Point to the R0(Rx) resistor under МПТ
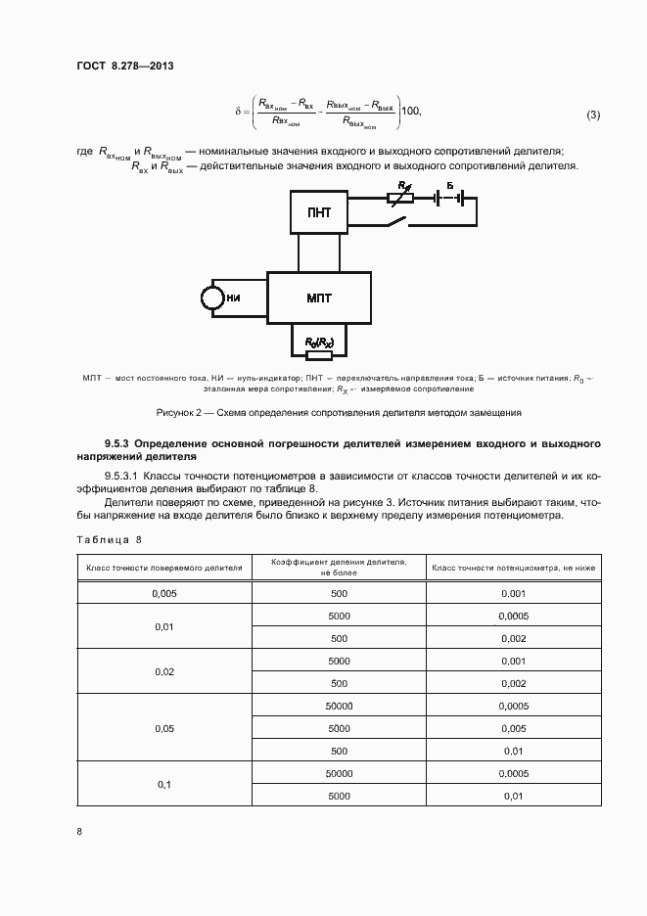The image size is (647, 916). [319, 343]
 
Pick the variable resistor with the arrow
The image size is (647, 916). [401, 197]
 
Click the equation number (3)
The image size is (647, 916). [593, 115]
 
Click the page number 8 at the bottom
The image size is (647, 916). [79, 831]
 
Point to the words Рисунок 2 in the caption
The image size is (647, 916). [179, 413]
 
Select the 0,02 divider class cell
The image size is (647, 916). [163, 672]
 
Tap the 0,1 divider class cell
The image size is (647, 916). [163, 785]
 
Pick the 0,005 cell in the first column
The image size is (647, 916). [163, 594]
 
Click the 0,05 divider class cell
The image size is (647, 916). [163, 729]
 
